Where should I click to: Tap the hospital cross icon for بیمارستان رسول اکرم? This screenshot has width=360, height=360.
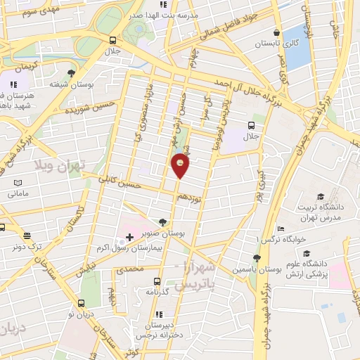point(129,237)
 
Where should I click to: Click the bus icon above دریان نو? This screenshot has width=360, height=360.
point(81,304)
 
